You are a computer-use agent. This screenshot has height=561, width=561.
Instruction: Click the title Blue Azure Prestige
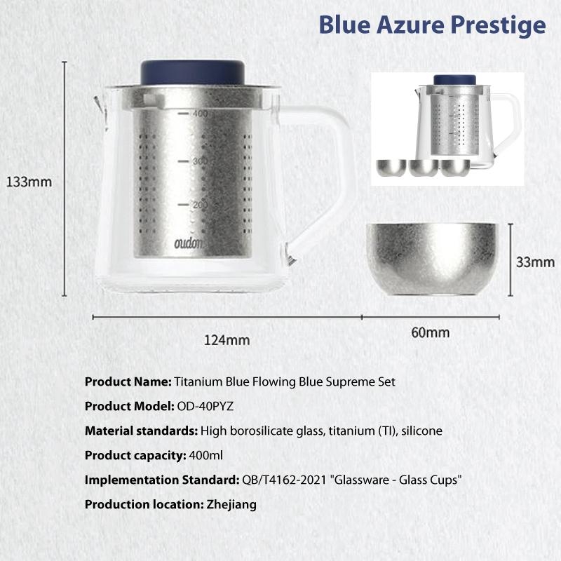tap(432, 26)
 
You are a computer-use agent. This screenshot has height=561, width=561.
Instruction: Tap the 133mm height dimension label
tap(29, 182)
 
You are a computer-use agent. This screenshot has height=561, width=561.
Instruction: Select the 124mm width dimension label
tap(227, 340)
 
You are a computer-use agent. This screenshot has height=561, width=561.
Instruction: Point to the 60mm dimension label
tap(431, 332)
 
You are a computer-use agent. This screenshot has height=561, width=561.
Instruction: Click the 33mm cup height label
tap(535, 262)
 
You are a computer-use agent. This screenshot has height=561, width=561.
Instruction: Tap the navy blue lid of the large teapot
tap(193, 73)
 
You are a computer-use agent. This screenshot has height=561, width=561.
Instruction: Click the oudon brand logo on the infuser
tap(189, 243)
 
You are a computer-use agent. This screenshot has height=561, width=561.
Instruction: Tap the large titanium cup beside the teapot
tap(433, 259)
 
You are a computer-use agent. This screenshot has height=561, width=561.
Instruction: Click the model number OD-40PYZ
tap(205, 407)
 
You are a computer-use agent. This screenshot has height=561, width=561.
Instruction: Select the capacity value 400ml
tap(205, 455)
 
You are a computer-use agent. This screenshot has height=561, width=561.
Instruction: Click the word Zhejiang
tap(231, 505)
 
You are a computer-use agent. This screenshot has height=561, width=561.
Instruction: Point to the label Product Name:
tap(128, 381)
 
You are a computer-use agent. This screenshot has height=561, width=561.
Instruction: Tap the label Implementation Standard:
tap(162, 480)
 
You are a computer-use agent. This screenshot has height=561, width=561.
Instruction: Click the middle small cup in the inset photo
tap(424, 168)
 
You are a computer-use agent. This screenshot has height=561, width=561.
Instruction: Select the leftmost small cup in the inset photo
tap(391, 168)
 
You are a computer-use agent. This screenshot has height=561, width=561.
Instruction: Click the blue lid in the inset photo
tap(454, 80)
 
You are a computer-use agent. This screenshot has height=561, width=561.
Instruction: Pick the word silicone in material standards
tap(422, 431)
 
